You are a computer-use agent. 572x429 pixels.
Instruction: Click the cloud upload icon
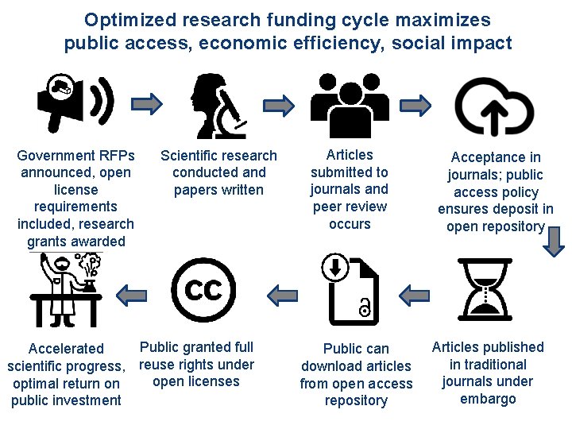click(493, 106)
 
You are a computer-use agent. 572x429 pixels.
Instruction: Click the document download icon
click(349, 288)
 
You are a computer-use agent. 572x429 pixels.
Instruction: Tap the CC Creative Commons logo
click(203, 290)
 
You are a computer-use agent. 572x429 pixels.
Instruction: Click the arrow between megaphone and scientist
click(146, 102)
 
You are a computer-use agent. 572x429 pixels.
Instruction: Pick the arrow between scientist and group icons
click(280, 103)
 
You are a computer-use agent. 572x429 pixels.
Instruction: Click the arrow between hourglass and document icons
click(414, 296)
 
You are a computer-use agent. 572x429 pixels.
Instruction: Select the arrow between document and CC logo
click(282, 296)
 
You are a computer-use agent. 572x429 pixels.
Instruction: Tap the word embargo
click(488, 399)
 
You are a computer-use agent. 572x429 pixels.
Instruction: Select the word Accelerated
click(66, 348)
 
